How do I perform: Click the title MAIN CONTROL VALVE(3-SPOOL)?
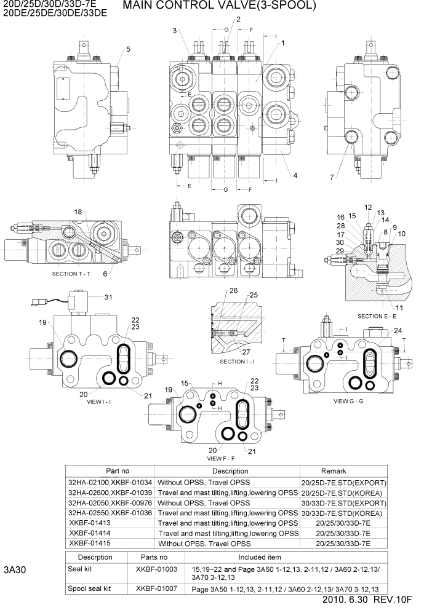click(x=220, y=7)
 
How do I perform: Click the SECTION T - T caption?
click(x=71, y=273)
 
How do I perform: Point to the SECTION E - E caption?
click(x=380, y=316)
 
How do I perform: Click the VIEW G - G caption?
click(x=349, y=400)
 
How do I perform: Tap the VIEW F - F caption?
click(x=221, y=459)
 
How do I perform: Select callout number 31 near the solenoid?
click(x=108, y=298)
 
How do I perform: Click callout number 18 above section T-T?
click(x=78, y=212)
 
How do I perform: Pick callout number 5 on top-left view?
click(x=128, y=49)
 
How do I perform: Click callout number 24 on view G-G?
click(x=398, y=330)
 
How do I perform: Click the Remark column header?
click(x=342, y=471)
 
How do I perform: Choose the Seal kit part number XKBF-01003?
click(x=156, y=569)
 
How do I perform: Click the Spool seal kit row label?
click(x=89, y=588)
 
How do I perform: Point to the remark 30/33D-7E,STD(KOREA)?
click(x=342, y=512)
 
